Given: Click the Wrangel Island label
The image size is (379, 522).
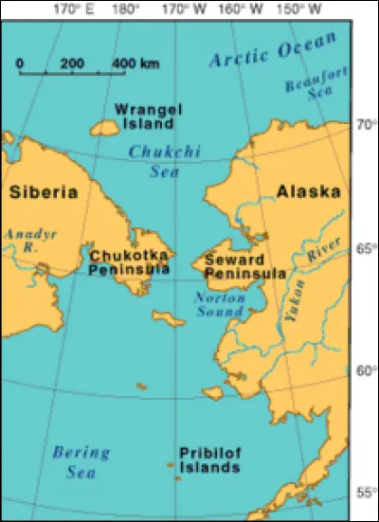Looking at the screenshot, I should pyautogui.click(x=145, y=116).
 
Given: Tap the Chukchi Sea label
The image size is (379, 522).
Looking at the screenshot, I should pyautogui.click(x=155, y=160).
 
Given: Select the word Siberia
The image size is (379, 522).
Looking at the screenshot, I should pyautogui.click(x=44, y=192).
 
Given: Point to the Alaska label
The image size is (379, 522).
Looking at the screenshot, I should pyautogui.click(x=308, y=192).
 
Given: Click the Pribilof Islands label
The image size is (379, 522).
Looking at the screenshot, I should pyautogui.click(x=209, y=461).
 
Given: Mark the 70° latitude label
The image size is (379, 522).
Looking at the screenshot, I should pyautogui.click(x=365, y=124).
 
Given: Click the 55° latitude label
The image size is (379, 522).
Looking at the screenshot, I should pyautogui.click(x=365, y=494).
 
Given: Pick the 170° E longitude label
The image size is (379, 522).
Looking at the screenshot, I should pyautogui.click(x=72, y=9).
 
